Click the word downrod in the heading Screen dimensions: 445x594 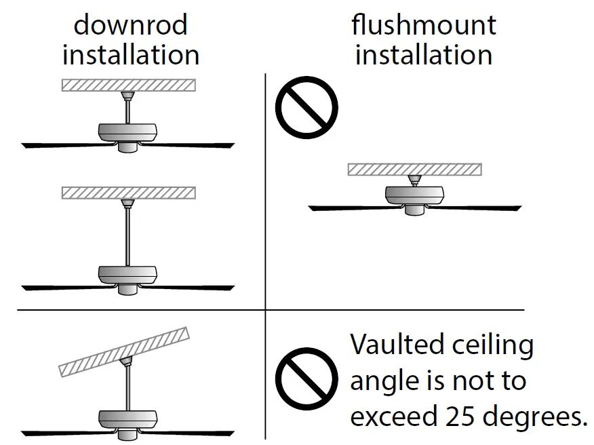point(130,25)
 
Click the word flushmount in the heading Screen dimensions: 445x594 point(424,25)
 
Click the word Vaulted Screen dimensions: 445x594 point(395,345)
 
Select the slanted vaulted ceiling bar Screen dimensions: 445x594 point(124,352)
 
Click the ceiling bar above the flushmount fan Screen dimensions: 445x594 point(414,169)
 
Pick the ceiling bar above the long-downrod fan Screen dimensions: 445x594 point(128,192)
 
